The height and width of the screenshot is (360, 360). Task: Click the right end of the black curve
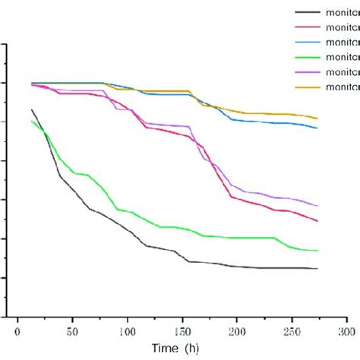click(x=317, y=268)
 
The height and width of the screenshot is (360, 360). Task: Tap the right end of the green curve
click(x=317, y=250)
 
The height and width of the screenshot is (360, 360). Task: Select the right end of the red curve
click(x=317, y=221)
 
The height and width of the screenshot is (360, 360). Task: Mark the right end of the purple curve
click(x=317, y=206)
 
